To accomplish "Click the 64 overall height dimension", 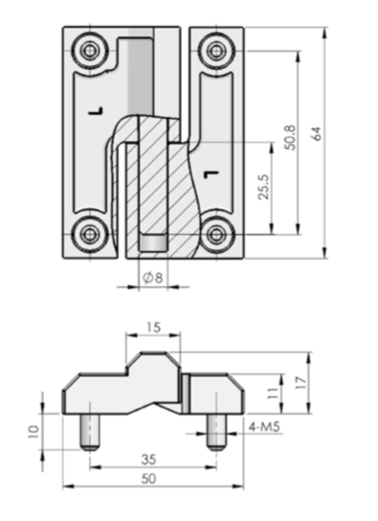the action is [x=318, y=133].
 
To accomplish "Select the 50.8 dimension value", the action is [x=290, y=138].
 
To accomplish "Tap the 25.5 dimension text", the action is [x=264, y=187].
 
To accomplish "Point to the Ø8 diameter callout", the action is [x=153, y=278].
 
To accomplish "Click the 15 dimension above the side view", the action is [x=154, y=328].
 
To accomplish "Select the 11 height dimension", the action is [x=274, y=394].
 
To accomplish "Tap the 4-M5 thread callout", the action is [x=264, y=426].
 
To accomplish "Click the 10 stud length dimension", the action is [x=34, y=432].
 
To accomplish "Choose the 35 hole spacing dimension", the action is [x=148, y=460].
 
